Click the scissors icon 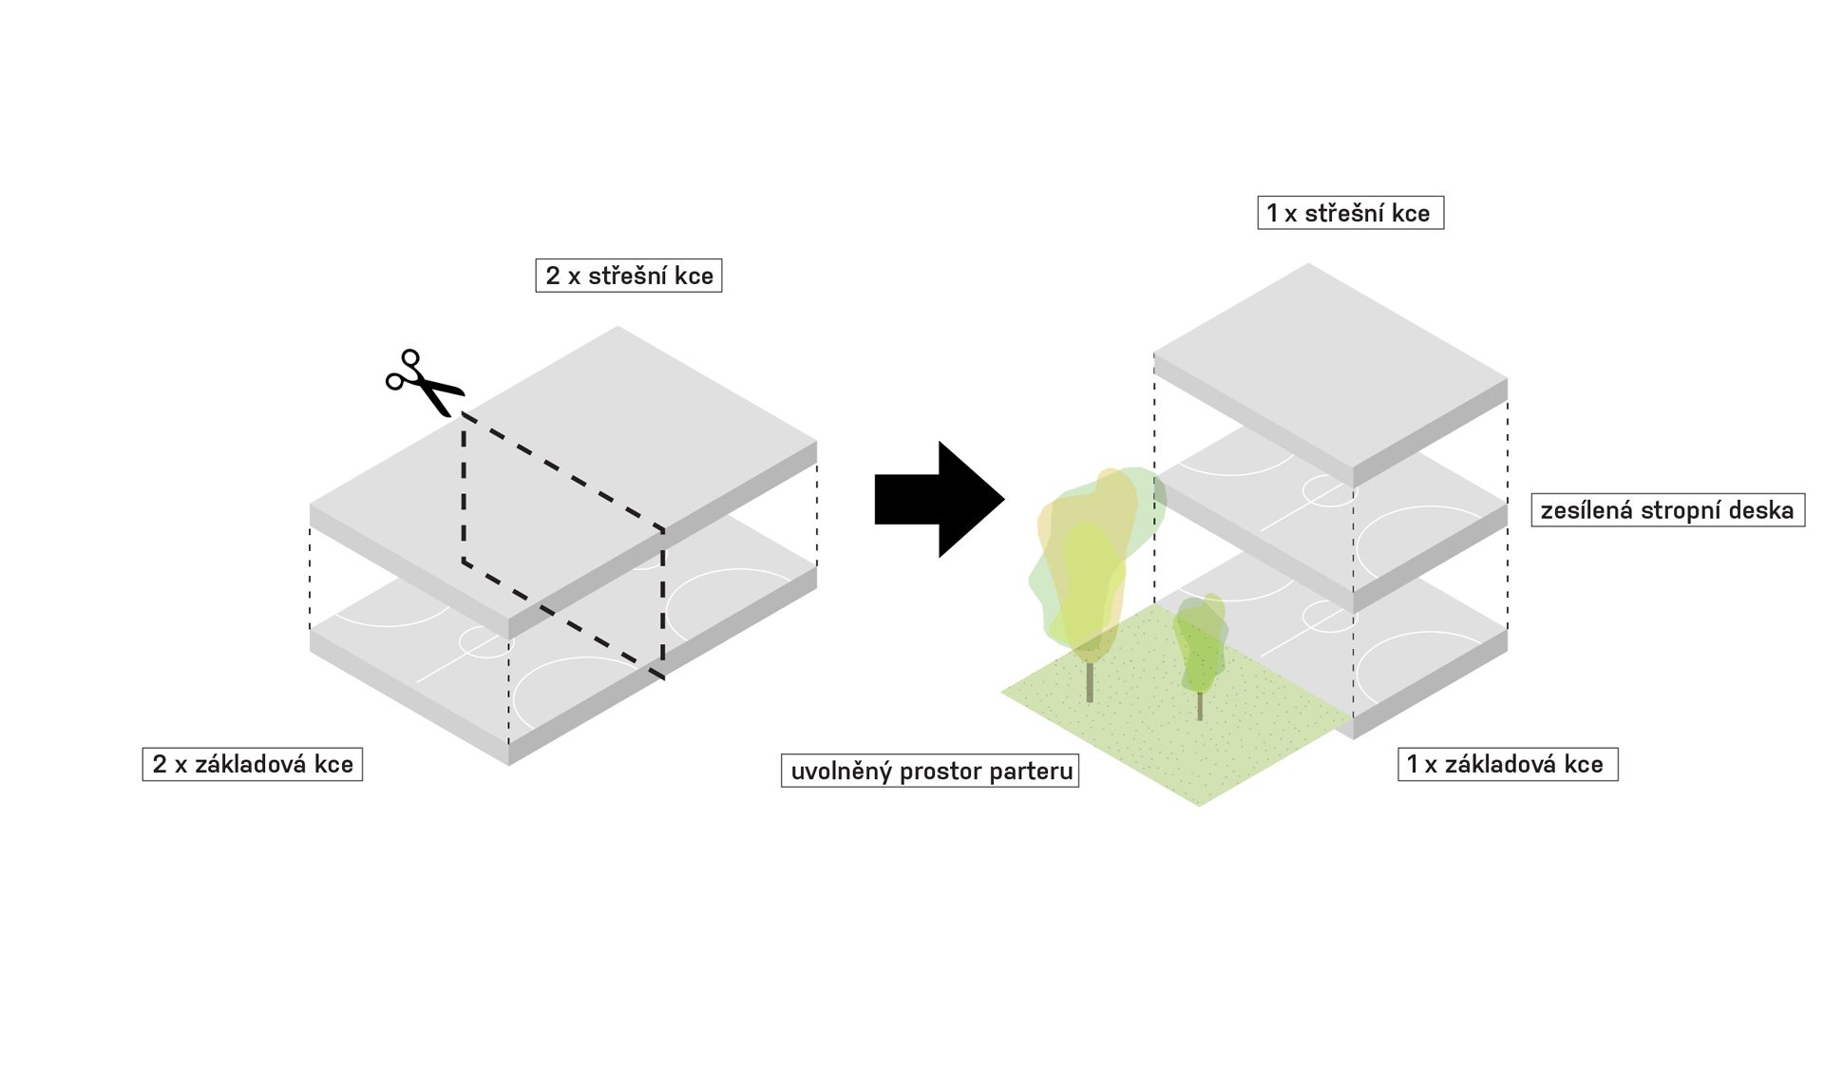pos(423,382)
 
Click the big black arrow pos(937,500)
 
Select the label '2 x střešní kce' pos(628,276)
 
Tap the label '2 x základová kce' pos(252,764)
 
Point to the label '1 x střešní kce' pos(1349,213)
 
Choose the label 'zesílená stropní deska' pos(1667,510)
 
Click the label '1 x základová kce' pos(1507,764)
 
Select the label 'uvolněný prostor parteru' pos(930,771)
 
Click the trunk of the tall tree pos(1090,681)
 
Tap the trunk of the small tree pos(1200,704)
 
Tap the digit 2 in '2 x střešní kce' pos(553,276)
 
